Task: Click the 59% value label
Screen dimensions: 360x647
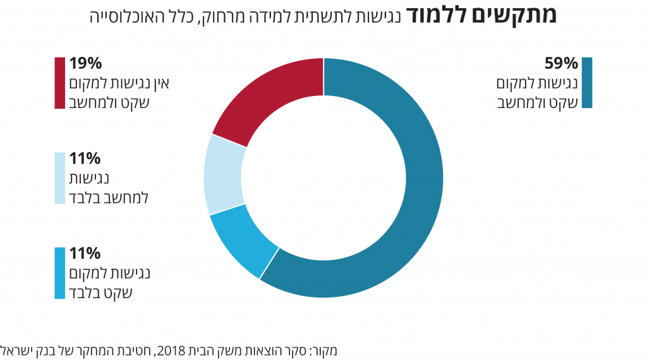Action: click(561, 64)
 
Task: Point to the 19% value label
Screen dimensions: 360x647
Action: click(85, 64)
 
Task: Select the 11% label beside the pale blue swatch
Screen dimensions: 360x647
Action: click(85, 159)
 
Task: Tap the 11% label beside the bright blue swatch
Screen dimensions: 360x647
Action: click(85, 254)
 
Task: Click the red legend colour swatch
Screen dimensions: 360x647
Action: click(60, 83)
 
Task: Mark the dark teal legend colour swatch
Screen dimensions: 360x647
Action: click(587, 83)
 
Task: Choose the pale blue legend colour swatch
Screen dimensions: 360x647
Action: click(60, 178)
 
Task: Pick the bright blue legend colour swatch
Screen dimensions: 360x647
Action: click(60, 273)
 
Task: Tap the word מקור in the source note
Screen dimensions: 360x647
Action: click(325, 349)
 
